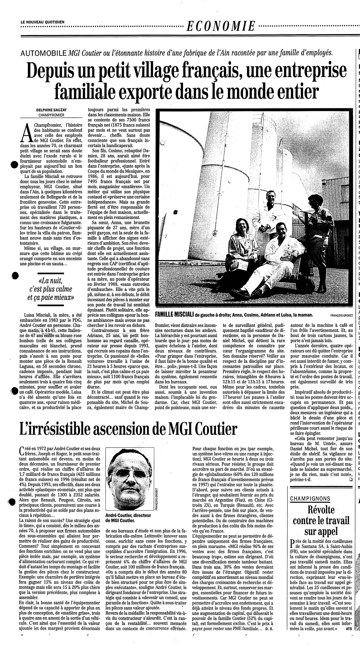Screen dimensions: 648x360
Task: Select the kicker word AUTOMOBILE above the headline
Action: click(43, 53)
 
